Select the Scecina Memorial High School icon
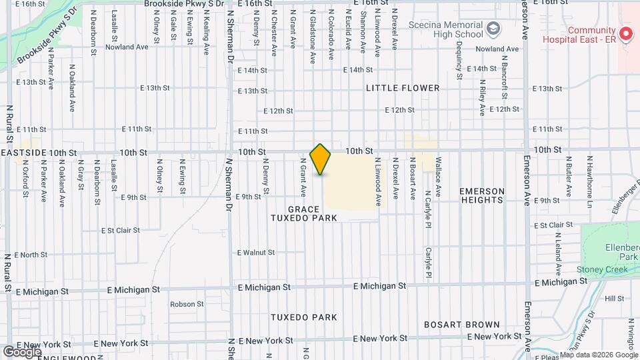coord(493,28)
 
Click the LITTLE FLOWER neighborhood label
coord(403,88)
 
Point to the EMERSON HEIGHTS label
coord(481,195)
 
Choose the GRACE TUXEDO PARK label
coord(305,213)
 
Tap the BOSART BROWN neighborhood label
coord(462,325)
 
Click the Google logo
coord(21,351)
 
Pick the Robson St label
coord(187,304)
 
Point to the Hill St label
coord(615,299)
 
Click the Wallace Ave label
coord(438,176)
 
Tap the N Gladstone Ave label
coord(312,36)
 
